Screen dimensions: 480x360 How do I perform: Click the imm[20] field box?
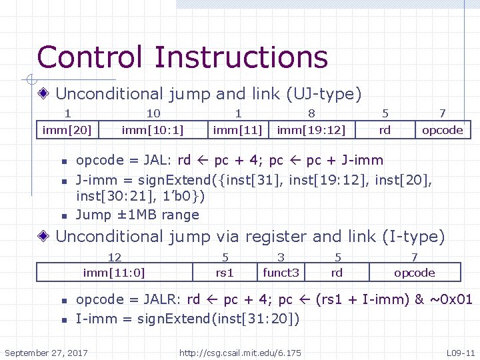[67, 130]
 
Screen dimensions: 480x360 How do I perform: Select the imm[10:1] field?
[153, 130]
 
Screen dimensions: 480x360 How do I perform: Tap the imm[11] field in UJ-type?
[238, 130]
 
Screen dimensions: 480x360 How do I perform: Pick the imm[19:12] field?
[311, 130]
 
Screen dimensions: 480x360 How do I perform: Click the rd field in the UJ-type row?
[385, 130]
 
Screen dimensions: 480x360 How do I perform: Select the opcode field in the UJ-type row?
[442, 130]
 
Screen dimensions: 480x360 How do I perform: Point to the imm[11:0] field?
[114, 272]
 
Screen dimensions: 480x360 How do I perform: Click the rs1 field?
[225, 272]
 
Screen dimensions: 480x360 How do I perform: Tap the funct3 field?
[281, 272]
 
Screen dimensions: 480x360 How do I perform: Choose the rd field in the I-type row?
[337, 272]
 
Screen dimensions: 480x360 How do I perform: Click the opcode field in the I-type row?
[414, 272]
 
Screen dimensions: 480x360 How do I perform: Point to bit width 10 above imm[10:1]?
[153, 114]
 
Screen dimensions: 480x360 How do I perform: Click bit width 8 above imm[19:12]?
[311, 114]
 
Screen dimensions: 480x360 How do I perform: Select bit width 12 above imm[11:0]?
[115, 257]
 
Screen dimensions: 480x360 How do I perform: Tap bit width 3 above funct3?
[281, 257]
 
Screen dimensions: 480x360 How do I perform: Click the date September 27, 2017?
[46, 351]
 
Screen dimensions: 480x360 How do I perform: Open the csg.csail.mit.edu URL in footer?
[240, 351]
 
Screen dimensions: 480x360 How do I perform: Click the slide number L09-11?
[460, 351]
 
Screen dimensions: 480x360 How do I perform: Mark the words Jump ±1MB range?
[137, 215]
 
